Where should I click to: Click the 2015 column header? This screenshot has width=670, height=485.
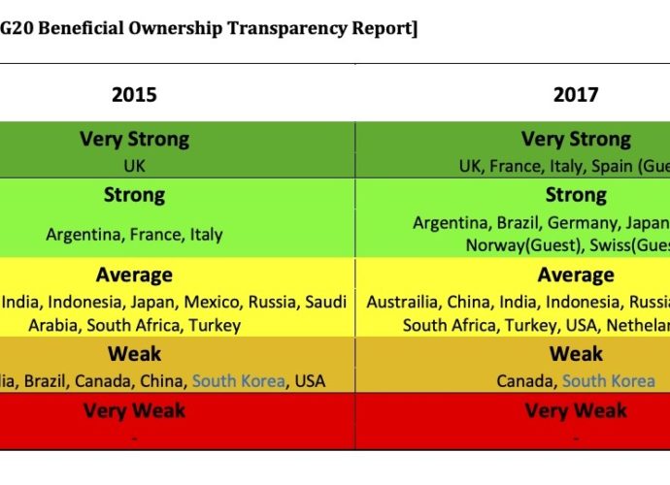[x=134, y=94]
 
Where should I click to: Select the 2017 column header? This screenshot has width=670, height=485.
[x=576, y=94]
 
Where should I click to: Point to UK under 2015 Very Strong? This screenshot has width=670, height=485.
[x=134, y=166]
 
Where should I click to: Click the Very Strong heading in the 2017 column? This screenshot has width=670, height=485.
[x=576, y=140]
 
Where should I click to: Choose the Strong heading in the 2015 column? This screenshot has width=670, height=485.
[x=134, y=195]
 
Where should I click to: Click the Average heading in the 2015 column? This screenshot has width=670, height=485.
[x=134, y=275]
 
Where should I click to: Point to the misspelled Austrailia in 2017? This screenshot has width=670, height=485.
[x=403, y=302]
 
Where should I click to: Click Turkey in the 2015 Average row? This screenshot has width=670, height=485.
[x=215, y=325]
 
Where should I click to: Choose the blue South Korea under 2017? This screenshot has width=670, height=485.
[x=609, y=380]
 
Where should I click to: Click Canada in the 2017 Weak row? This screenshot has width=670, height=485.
[x=525, y=380]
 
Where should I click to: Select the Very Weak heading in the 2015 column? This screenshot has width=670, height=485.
[x=134, y=410]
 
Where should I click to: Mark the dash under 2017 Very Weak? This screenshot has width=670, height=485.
[x=576, y=436]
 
